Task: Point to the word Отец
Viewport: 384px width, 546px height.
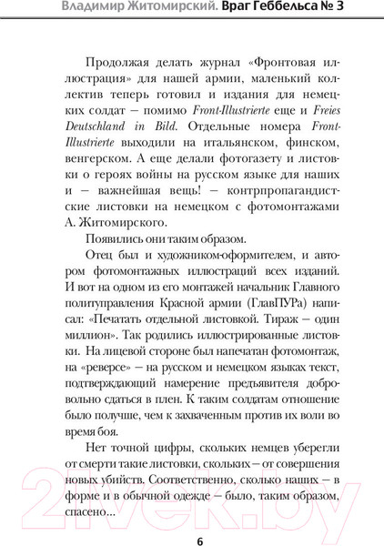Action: [x=99, y=256]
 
